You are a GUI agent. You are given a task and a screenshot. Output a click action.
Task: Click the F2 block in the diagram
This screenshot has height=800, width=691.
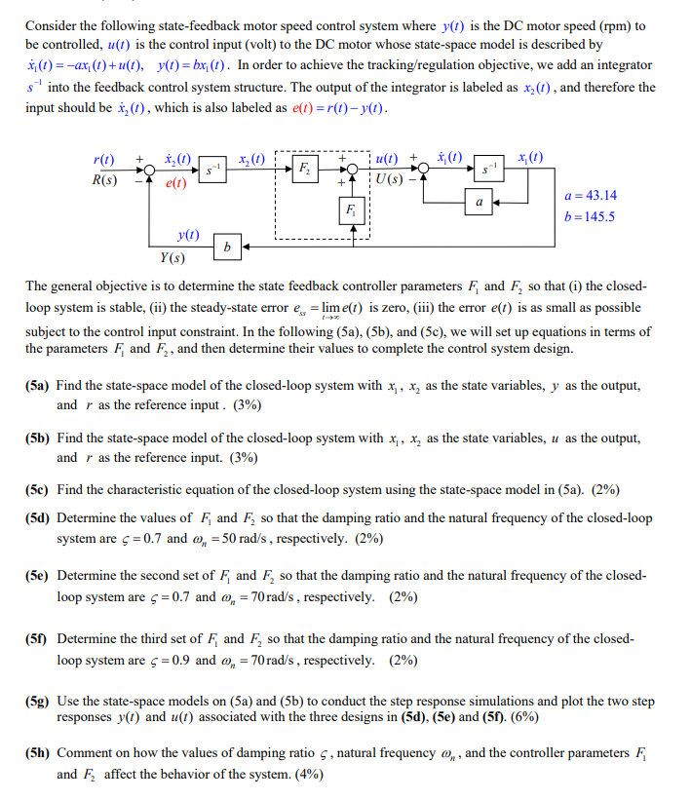304,169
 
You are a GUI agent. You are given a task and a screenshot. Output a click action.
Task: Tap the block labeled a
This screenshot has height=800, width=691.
479,202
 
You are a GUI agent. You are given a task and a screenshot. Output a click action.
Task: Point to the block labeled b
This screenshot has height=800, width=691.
227,248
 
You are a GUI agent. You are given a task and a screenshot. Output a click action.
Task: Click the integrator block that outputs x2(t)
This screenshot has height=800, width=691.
212,170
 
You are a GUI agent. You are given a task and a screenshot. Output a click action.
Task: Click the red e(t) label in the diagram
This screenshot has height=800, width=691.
176,182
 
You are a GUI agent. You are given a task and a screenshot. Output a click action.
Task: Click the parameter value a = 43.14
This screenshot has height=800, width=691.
591,196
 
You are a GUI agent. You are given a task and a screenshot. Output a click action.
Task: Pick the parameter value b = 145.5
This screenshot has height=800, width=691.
591,216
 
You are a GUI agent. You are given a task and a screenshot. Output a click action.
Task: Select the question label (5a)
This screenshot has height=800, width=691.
40,386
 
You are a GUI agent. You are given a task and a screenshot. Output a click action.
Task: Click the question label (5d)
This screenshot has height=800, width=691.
40,518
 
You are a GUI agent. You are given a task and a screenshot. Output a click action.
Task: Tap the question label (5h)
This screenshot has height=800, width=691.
40,753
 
